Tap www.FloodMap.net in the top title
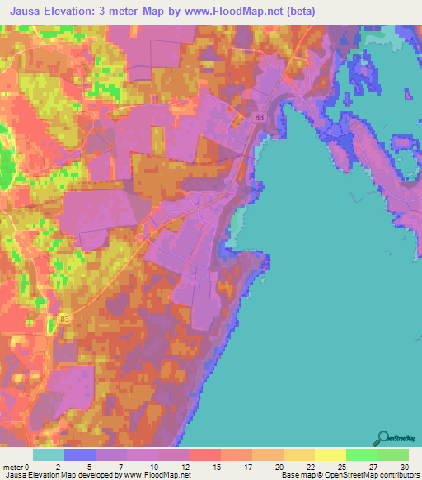(244, 12)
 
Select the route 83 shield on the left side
(65, 318)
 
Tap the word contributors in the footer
(398, 475)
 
